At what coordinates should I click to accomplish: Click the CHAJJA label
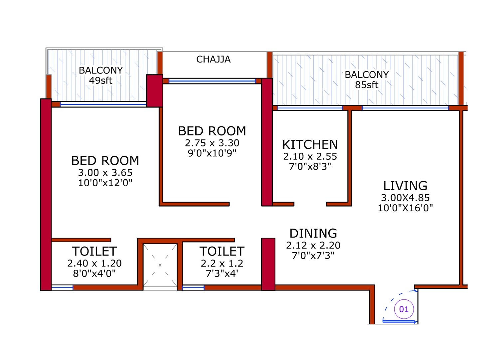pyautogui.click(x=213, y=59)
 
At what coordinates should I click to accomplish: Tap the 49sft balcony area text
pyautogui.click(x=100, y=81)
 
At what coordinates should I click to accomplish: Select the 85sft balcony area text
pyautogui.click(x=366, y=85)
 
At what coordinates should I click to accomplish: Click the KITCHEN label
pyautogui.click(x=310, y=145)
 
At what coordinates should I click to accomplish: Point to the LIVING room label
pyautogui.click(x=405, y=186)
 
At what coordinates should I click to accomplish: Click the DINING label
pyautogui.click(x=313, y=234)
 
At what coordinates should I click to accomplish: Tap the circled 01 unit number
pyautogui.click(x=404, y=309)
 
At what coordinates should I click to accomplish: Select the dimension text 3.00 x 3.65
pyautogui.click(x=105, y=173)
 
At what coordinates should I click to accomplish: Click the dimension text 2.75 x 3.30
pyautogui.click(x=212, y=143)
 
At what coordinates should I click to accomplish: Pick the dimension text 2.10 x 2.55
pyautogui.click(x=310, y=156)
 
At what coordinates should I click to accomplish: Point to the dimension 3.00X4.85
pyautogui.click(x=405, y=198)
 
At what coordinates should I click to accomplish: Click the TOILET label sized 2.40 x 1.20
pyautogui.click(x=94, y=251)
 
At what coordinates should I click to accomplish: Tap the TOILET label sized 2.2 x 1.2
pyautogui.click(x=222, y=251)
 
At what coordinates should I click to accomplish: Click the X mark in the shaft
pyautogui.click(x=160, y=265)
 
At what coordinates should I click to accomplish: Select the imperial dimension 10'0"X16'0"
pyautogui.click(x=405, y=208)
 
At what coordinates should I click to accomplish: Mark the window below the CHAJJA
pyautogui.click(x=212, y=81)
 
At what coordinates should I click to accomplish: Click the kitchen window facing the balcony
pyautogui.click(x=310, y=108)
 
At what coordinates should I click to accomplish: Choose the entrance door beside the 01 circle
pyautogui.click(x=399, y=321)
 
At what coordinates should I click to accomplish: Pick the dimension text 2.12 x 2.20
pyautogui.click(x=313, y=246)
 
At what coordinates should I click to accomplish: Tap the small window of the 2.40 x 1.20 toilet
pyautogui.click(x=62, y=287)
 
